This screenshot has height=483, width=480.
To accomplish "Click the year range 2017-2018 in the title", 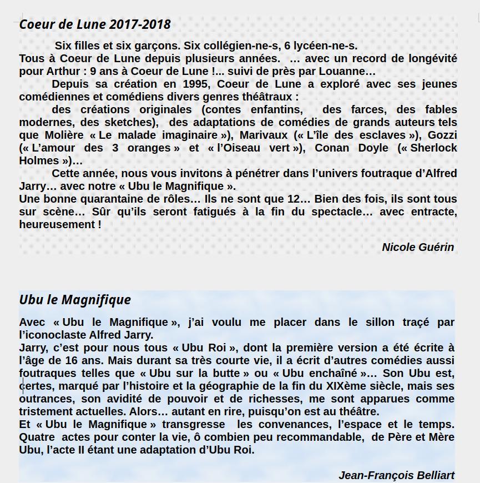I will pyautogui.click(x=140, y=24).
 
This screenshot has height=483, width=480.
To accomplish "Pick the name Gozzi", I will pyautogui.click(x=442, y=135).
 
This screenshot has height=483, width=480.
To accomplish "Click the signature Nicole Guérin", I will pyautogui.click(x=418, y=248).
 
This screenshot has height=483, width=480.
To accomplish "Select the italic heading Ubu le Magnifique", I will pyautogui.click(x=75, y=300).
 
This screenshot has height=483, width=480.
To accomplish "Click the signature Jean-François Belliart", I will pyautogui.click(x=396, y=475).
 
